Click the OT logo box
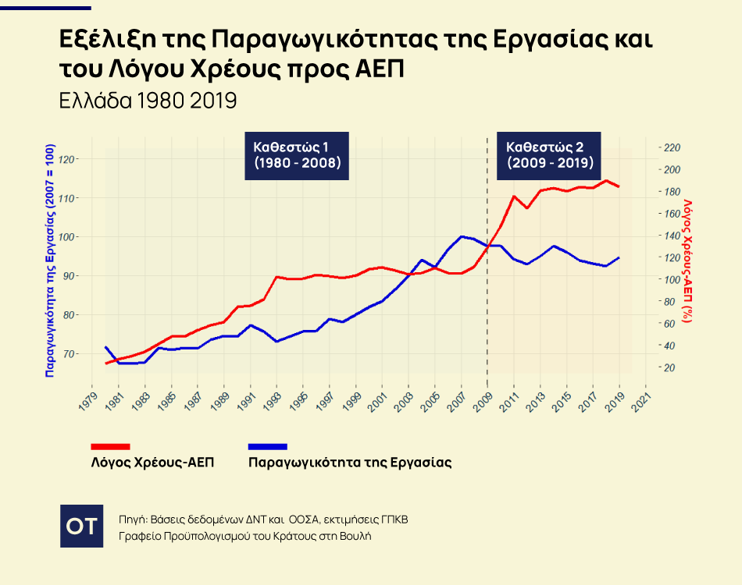point(81,526)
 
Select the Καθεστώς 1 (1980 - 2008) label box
point(297,155)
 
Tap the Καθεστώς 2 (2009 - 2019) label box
point(550,155)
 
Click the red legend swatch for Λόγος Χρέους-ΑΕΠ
point(110,446)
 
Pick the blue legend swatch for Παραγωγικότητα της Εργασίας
point(267,446)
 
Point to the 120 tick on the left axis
point(68,159)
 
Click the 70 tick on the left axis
point(70,354)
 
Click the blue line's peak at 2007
point(462,236)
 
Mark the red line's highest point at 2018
point(606,181)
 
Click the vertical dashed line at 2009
point(487,312)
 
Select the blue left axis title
point(49,261)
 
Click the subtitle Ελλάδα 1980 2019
point(148,101)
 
